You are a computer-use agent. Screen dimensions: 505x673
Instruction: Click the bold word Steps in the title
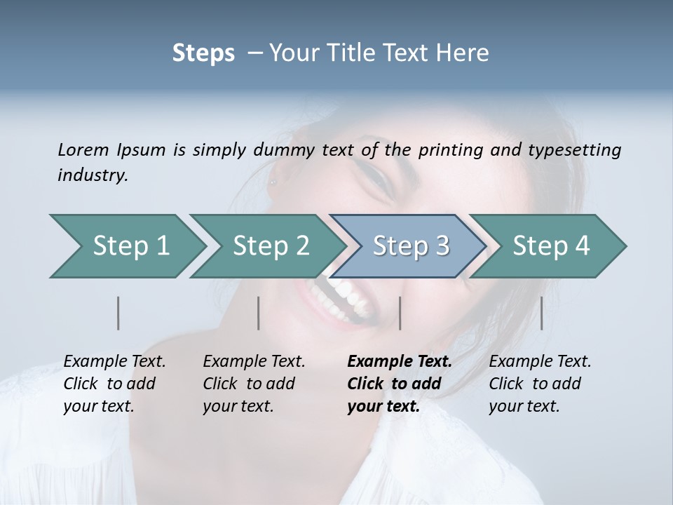point(203,53)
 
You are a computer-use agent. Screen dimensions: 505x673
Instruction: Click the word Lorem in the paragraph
point(83,150)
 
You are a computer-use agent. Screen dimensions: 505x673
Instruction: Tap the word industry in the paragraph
point(92,175)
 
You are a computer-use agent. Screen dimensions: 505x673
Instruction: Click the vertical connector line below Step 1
point(118,313)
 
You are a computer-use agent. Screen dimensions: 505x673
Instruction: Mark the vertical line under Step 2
point(259,313)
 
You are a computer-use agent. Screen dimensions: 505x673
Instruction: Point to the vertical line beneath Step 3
point(400,313)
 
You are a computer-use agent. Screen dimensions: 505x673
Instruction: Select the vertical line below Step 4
point(541,313)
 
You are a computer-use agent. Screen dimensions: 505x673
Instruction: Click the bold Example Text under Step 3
point(399,362)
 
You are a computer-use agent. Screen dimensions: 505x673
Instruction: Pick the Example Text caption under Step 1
point(114,362)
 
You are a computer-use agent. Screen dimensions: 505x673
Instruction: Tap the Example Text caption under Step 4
point(540,362)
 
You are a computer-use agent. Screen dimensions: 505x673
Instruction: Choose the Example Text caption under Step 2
point(254,362)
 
